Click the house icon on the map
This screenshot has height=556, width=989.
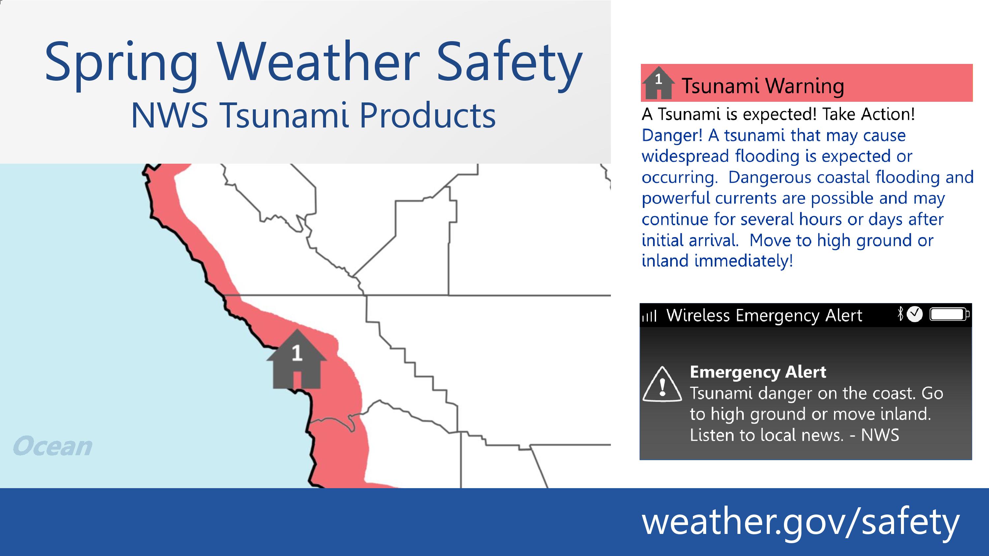coord(297,359)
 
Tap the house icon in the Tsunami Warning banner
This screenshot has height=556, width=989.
coord(658,82)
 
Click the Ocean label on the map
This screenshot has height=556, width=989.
coord(53,446)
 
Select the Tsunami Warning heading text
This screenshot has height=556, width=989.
coord(763,86)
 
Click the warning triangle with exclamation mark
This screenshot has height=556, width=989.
coord(662,384)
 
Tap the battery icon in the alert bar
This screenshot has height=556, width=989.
coord(949,315)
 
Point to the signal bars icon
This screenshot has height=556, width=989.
coord(649,316)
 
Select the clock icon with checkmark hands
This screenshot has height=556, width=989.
coord(914,314)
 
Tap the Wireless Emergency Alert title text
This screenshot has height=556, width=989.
coord(764,316)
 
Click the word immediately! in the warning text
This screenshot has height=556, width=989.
coord(744,261)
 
